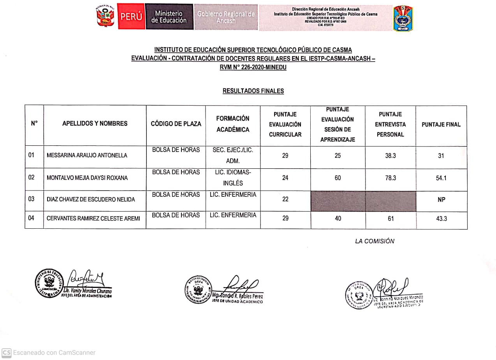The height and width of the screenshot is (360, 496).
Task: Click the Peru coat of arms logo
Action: pos(106,17)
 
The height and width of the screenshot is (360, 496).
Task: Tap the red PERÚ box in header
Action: pos(131,17)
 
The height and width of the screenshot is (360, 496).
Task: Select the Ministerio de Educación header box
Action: pos(169,17)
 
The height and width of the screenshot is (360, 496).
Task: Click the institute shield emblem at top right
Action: pos(403,18)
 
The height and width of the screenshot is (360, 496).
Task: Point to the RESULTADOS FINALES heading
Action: pos(253,91)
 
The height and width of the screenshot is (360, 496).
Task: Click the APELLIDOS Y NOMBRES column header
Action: pos(95,124)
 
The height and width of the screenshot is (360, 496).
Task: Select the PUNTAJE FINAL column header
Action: pos(441,125)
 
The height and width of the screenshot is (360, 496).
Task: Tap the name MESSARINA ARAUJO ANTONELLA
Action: pos(87,155)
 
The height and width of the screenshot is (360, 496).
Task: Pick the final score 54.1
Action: pos(441,178)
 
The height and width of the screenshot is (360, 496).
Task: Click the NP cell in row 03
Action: pos(441,200)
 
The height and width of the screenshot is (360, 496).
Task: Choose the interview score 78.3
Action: pos(390,178)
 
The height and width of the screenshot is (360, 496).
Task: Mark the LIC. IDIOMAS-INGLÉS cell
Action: pos(233,178)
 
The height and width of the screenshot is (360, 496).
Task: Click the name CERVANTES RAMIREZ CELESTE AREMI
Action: pos(93,219)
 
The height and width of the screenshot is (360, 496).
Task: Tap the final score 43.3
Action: pos(441,219)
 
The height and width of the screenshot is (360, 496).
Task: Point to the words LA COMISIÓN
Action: pos(375,241)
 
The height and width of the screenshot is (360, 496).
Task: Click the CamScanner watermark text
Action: pos(54,352)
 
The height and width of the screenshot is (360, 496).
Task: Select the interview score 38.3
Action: pos(390,155)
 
